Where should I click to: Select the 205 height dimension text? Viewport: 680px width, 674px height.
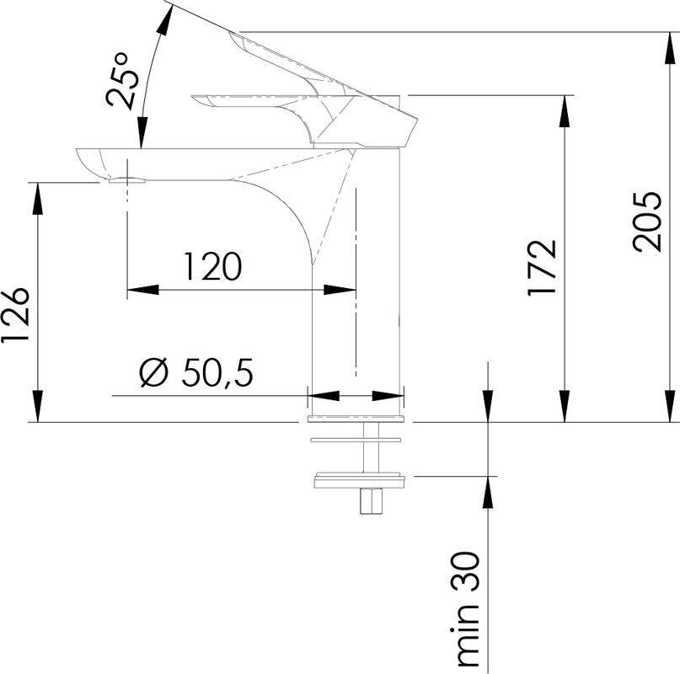(647, 222)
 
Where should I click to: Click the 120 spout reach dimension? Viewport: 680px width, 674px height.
(213, 266)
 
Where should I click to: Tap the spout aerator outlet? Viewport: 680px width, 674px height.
(127, 179)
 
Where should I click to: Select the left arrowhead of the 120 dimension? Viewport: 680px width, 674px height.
(135, 290)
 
